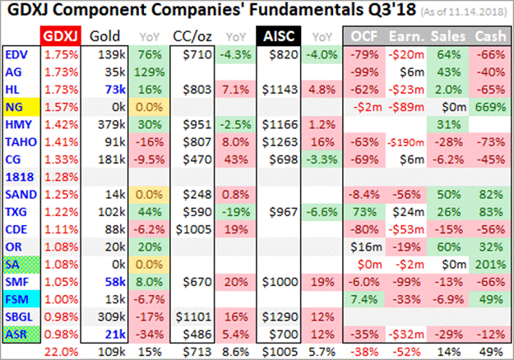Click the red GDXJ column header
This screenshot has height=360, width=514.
61,37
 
